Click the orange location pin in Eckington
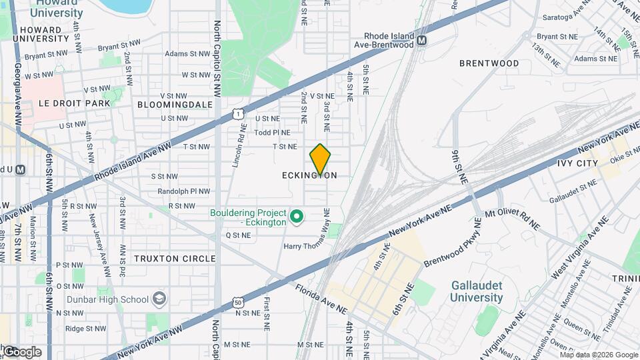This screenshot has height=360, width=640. coord(321,159)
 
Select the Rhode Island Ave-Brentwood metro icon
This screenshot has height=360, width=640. coord(421,41)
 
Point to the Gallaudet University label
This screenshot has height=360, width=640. coord(476,291)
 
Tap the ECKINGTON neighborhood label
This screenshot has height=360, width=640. coord(309,175)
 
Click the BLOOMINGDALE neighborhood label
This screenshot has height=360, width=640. coord(175,105)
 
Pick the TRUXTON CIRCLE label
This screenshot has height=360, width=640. coord(175,259)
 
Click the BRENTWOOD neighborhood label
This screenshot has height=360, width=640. coord(489,63)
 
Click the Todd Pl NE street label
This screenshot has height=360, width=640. coord(272,132)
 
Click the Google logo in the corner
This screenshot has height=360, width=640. coord(21,351)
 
